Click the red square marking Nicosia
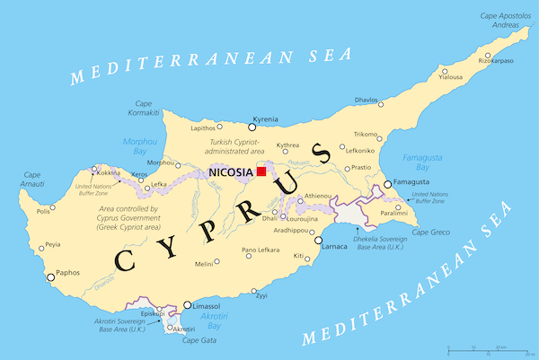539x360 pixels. click(261, 171)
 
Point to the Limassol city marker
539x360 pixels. click(187, 305)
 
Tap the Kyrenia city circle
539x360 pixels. click(252, 127)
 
